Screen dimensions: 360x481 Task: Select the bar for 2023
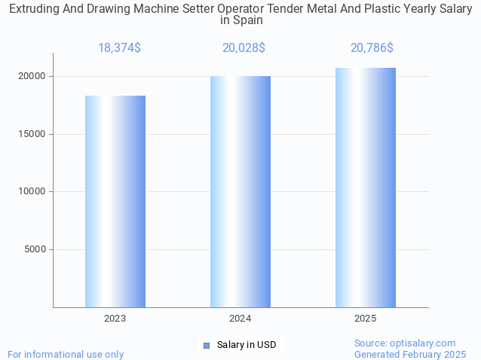pyautogui.click(x=115, y=201)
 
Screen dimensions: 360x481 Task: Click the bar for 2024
pyautogui.click(x=240, y=191)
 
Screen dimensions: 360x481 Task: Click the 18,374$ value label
pyautogui.click(x=119, y=48)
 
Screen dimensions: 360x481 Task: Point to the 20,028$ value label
pyautogui.click(x=244, y=48)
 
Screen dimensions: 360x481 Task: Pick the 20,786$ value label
pyautogui.click(x=372, y=48)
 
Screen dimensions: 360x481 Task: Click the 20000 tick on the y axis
pyautogui.click(x=32, y=77)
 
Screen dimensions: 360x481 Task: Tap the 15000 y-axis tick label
pyautogui.click(x=32, y=134)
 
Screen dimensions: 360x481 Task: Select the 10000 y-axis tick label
pyautogui.click(x=32, y=191)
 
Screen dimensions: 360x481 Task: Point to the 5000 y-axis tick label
pyautogui.click(x=35, y=249)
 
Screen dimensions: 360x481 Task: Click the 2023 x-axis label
pyautogui.click(x=115, y=319)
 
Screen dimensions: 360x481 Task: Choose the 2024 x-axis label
pyautogui.click(x=240, y=319)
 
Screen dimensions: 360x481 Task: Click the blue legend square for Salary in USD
pyautogui.click(x=206, y=345)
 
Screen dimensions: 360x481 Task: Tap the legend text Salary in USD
pyautogui.click(x=247, y=345)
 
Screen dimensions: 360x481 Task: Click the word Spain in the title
pyautogui.click(x=248, y=20)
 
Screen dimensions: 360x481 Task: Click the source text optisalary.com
pyautogui.click(x=422, y=343)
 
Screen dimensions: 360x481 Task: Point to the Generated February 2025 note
pyautogui.click(x=410, y=354)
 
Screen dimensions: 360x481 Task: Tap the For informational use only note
pyautogui.click(x=66, y=354)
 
